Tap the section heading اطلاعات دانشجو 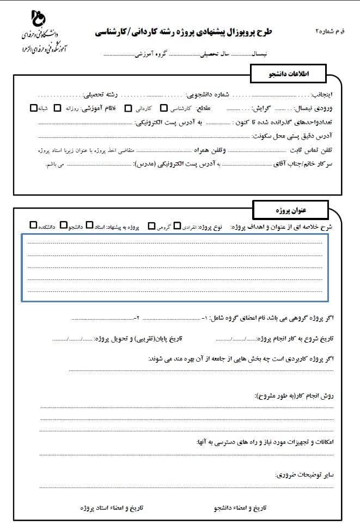coord(287,72)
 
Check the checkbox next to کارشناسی coord(164,108)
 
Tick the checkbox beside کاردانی coord(129,108)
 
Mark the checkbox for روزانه coord(57,108)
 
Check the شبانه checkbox coord(34,108)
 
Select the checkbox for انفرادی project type coord(177,225)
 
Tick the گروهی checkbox coord(151,225)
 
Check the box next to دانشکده coord(34,225)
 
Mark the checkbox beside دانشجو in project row coord(64,225)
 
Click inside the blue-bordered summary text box coord(174,267)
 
